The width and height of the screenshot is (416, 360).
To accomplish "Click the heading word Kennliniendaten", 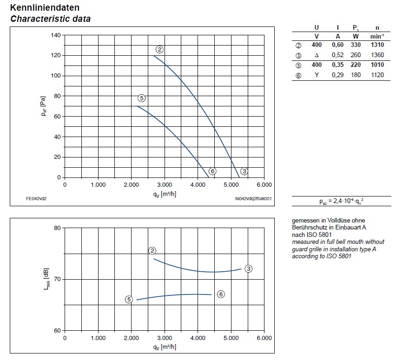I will click(45, 8).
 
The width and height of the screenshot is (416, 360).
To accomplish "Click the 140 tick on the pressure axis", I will click(56, 35).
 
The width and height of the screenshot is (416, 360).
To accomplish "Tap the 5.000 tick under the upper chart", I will click(231, 185).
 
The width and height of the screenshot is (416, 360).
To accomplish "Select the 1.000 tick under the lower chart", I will click(98, 338).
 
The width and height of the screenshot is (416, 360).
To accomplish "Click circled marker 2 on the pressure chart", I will click(159, 50).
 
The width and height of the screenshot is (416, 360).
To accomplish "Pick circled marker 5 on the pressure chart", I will click(142, 98).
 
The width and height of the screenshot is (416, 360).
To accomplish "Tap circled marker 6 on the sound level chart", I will click(221, 294).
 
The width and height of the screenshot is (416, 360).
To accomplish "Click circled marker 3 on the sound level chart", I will click(249, 269).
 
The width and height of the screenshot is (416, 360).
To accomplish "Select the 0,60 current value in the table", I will click(337, 45).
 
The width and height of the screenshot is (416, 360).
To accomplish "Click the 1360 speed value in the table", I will click(377, 55).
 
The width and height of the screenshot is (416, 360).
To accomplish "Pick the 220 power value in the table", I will click(356, 65).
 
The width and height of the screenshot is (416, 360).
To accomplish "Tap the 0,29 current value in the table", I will click(337, 75).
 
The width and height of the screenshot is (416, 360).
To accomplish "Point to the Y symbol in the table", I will click(317, 75).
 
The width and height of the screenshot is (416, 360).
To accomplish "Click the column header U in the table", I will click(317, 27).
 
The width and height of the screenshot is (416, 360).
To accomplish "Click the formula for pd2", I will click(342, 202).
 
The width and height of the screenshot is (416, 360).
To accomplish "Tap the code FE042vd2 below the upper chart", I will click(36, 198).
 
